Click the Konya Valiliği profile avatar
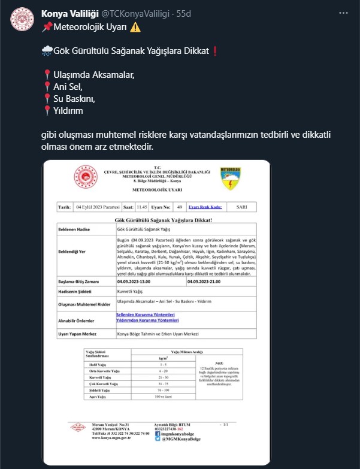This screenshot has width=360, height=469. pos(22,19)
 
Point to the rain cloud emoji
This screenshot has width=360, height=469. pos(47,51)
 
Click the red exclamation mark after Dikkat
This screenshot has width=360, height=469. pos(213,51)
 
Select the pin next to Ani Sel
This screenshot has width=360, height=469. pos(47,87)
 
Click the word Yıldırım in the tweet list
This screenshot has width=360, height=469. pos(68,110)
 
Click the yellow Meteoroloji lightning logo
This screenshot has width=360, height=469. pos(230,177)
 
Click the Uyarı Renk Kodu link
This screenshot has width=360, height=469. pos(205,207)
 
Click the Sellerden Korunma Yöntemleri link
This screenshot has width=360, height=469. pos(145,314)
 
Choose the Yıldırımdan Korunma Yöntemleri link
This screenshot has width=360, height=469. pos(149,320)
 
